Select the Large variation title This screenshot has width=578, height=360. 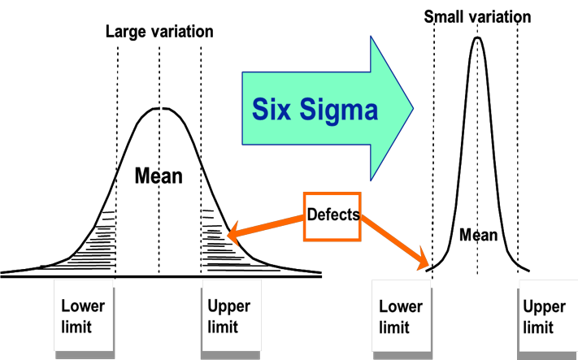159,33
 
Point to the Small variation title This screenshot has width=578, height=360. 477,15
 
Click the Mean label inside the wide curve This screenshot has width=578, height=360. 159,175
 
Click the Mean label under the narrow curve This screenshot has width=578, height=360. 477,235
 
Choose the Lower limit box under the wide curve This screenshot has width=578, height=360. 84,317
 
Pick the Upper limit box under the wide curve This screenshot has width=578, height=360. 231,317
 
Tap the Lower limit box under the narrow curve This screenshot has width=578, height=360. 402,317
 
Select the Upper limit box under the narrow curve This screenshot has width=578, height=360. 545,317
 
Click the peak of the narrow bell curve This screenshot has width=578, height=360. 477,38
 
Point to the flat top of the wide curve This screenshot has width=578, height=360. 159,110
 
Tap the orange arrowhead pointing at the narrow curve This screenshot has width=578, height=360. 424,264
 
